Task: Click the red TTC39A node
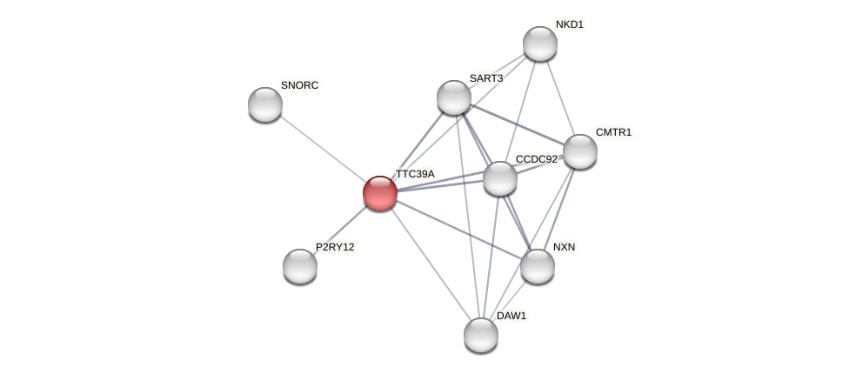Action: tap(380, 192)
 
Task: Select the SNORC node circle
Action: tap(265, 104)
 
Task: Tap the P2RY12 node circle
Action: tap(300, 266)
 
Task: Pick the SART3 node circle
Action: tap(453, 97)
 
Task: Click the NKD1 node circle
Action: tap(540, 43)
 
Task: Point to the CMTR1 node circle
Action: tap(580, 151)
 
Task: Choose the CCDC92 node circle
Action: tap(500, 178)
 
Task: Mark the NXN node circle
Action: tap(538, 266)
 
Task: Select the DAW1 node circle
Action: tap(481, 335)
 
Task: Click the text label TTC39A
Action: tap(415, 174)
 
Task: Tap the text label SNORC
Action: tap(299, 85)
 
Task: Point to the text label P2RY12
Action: tap(335, 247)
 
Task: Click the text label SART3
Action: tap(486, 78)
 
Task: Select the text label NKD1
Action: tap(570, 24)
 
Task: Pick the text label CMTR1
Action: tap(613, 132)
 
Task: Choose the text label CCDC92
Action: tap(536, 159)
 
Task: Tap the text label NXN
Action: tap(564, 247)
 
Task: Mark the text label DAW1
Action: tap(511, 316)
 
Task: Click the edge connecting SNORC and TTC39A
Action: tap(323, 148)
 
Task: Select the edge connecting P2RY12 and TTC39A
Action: tap(340, 230)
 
